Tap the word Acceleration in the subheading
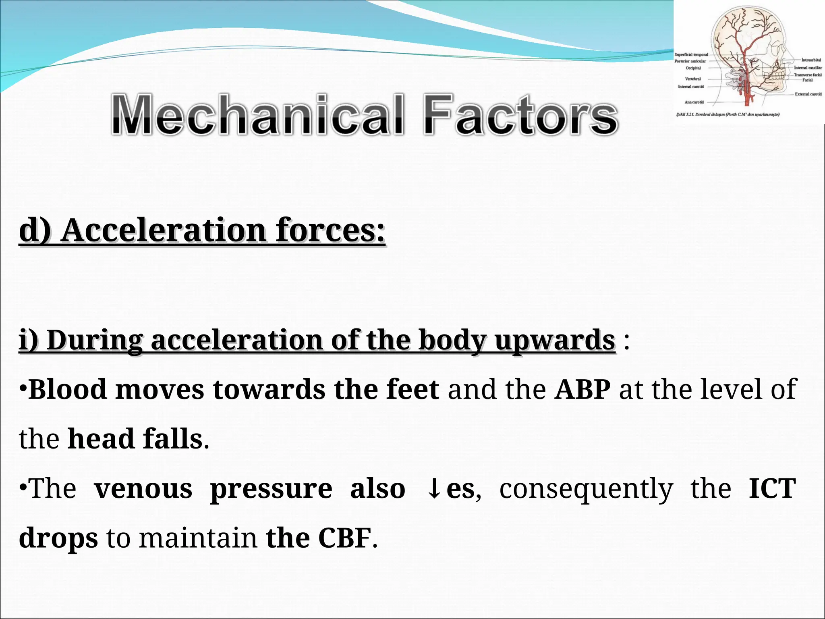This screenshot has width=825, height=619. [x=164, y=230]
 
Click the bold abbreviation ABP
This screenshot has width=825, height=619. [x=582, y=389]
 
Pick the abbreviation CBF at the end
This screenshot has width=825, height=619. [x=344, y=538]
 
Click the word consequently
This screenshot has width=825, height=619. [x=586, y=489]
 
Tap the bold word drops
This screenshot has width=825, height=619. [x=58, y=538]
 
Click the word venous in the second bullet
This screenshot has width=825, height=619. [x=143, y=489]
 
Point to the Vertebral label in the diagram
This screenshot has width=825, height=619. [x=693, y=79]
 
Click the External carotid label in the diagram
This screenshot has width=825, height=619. [x=808, y=94]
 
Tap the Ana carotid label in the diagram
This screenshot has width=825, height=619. [x=694, y=102]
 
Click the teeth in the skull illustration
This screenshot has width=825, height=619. [x=775, y=75]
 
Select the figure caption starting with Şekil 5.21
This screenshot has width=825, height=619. [x=728, y=115]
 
